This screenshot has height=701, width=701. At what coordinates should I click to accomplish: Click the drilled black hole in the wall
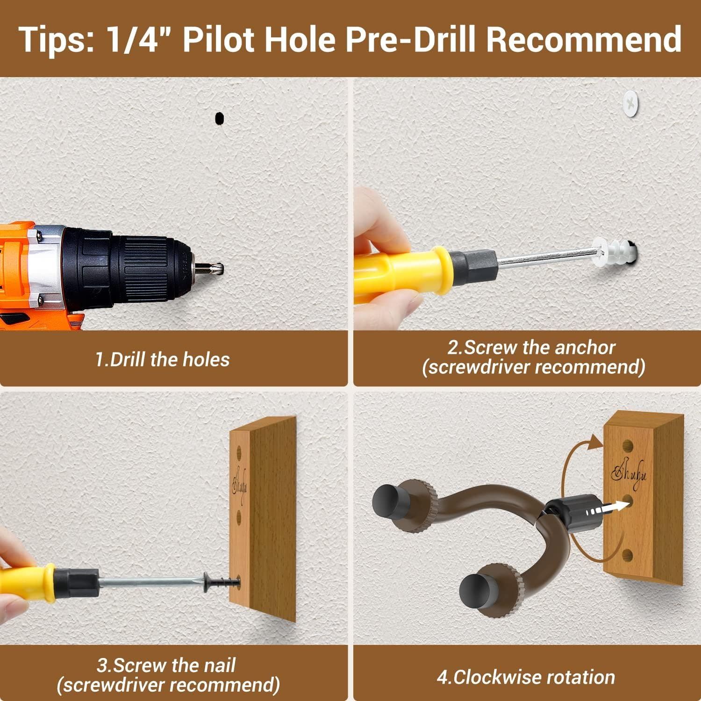click(x=218, y=118)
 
